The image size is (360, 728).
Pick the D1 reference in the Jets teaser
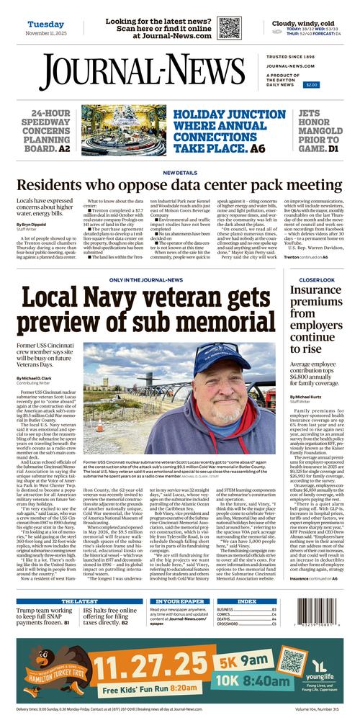tap(333, 148)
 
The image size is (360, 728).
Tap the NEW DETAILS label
tap(180, 173)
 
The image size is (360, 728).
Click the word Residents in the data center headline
tap(49, 185)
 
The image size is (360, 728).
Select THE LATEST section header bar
tap(80, 601)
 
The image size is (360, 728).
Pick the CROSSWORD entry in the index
tap(228, 624)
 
